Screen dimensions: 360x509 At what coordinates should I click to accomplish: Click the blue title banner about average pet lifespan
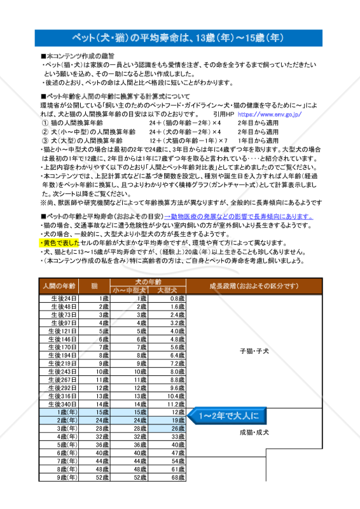(x=180, y=38)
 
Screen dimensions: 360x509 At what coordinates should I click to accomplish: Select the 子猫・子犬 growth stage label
(x=254, y=351)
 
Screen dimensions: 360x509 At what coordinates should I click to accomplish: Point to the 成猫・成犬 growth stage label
(x=254, y=432)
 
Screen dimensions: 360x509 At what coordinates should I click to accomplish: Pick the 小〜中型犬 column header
(x=129, y=290)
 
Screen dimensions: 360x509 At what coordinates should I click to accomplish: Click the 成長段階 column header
(x=254, y=286)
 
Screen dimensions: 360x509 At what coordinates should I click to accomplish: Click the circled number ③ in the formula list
(x=45, y=140)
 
